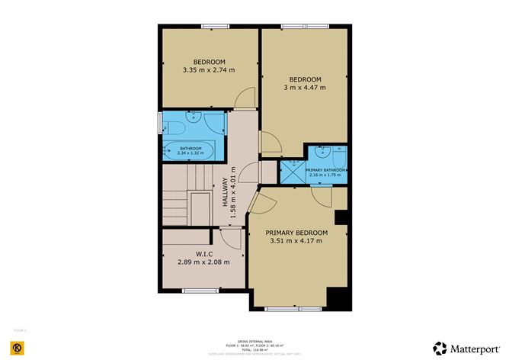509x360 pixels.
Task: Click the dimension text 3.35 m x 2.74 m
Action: (208, 70)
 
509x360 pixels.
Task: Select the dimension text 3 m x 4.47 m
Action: (305, 88)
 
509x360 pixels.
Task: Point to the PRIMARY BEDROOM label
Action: (296, 233)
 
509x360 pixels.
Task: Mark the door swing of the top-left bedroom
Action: (244, 98)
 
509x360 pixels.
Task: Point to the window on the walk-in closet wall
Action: (194, 289)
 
